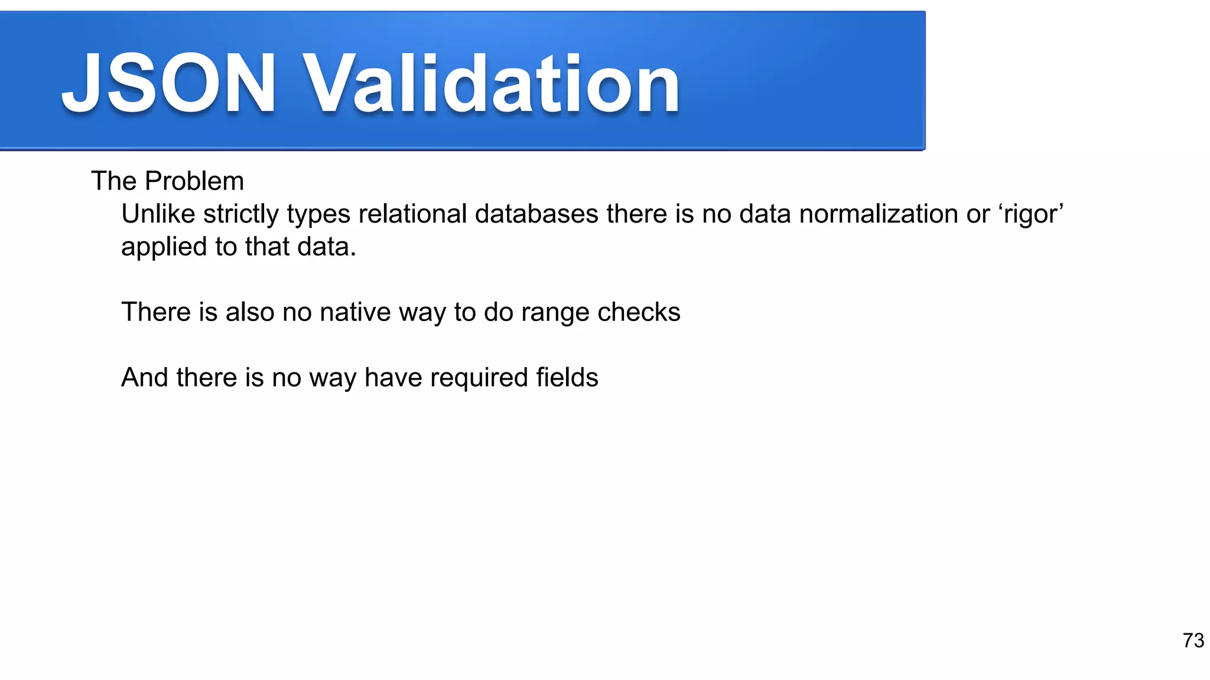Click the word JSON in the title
pyautogui.click(x=169, y=84)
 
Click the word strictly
pyautogui.click(x=241, y=214)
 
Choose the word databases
pyautogui.click(x=536, y=214)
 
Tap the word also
pyautogui.click(x=251, y=312)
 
